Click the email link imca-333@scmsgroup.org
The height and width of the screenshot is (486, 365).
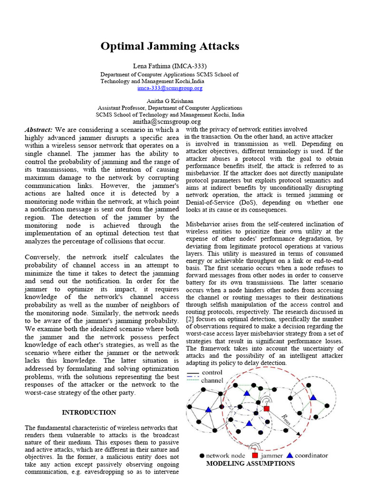coord(170,88)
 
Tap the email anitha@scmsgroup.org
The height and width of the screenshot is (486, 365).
coord(170,121)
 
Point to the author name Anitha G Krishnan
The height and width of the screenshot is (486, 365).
coord(170,101)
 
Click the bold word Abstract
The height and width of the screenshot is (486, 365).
coord(39,130)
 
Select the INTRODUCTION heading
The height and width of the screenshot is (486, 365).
coord(89,412)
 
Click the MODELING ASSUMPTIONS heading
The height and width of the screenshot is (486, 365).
coord(250,463)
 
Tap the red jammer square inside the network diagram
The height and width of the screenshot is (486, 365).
coord(267,409)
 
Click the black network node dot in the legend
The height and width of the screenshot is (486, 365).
coord(202,456)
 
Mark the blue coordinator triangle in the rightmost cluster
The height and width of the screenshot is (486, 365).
coord(313,397)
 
